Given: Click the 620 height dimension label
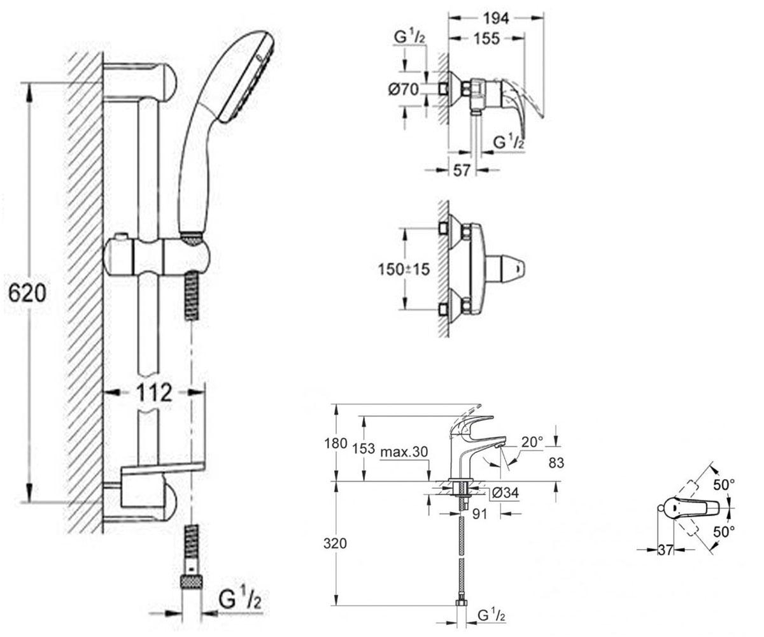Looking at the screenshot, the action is (27, 293).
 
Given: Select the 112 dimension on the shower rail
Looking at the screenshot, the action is (154, 392).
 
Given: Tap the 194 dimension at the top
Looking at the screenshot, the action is (496, 18).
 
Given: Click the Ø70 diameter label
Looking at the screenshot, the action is (404, 89).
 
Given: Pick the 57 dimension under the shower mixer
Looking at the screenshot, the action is (462, 170).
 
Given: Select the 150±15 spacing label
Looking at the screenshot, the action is (404, 270).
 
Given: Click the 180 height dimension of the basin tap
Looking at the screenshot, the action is (335, 443).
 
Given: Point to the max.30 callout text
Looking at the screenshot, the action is (404, 452).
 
